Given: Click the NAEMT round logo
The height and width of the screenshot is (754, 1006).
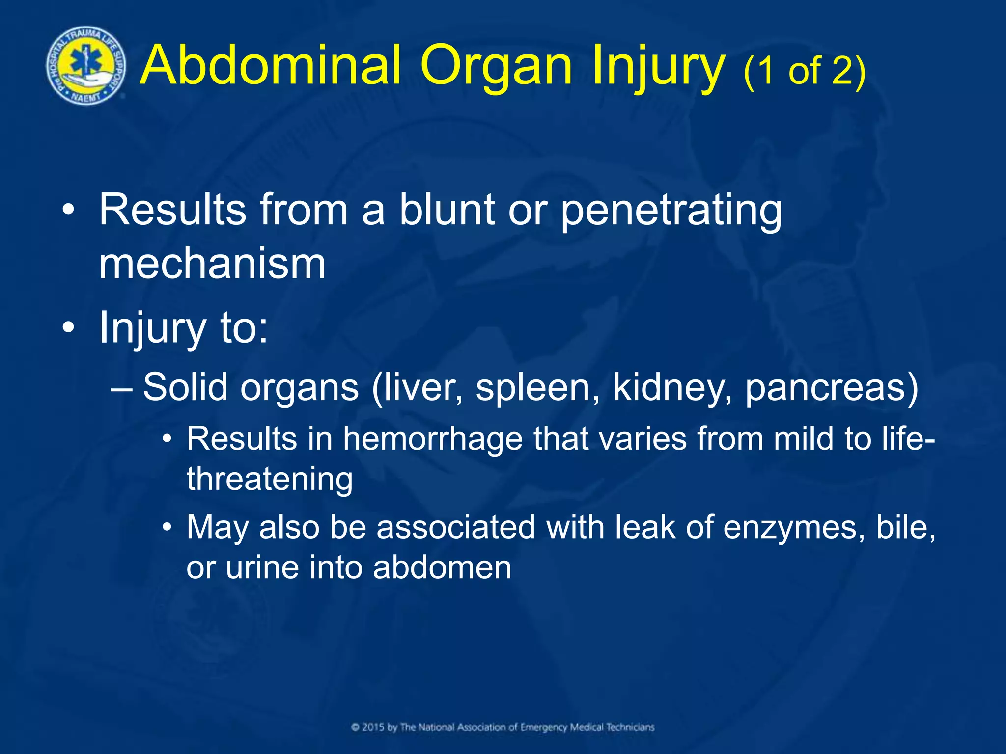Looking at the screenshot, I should (x=86, y=66).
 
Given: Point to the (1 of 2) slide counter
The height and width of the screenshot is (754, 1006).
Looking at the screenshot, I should (x=804, y=72).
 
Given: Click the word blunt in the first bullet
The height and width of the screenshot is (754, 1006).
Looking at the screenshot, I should (x=447, y=210).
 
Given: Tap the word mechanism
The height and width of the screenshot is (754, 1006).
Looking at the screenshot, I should (x=212, y=264).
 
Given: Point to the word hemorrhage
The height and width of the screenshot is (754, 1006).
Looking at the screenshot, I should (x=432, y=439).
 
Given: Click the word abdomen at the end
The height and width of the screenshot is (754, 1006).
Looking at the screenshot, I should (x=442, y=567).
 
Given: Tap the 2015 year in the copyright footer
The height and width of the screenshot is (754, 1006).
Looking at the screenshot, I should (x=374, y=727).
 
